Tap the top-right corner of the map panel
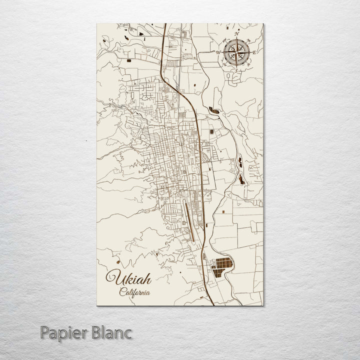point(263,23)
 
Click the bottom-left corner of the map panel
point(96,304)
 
